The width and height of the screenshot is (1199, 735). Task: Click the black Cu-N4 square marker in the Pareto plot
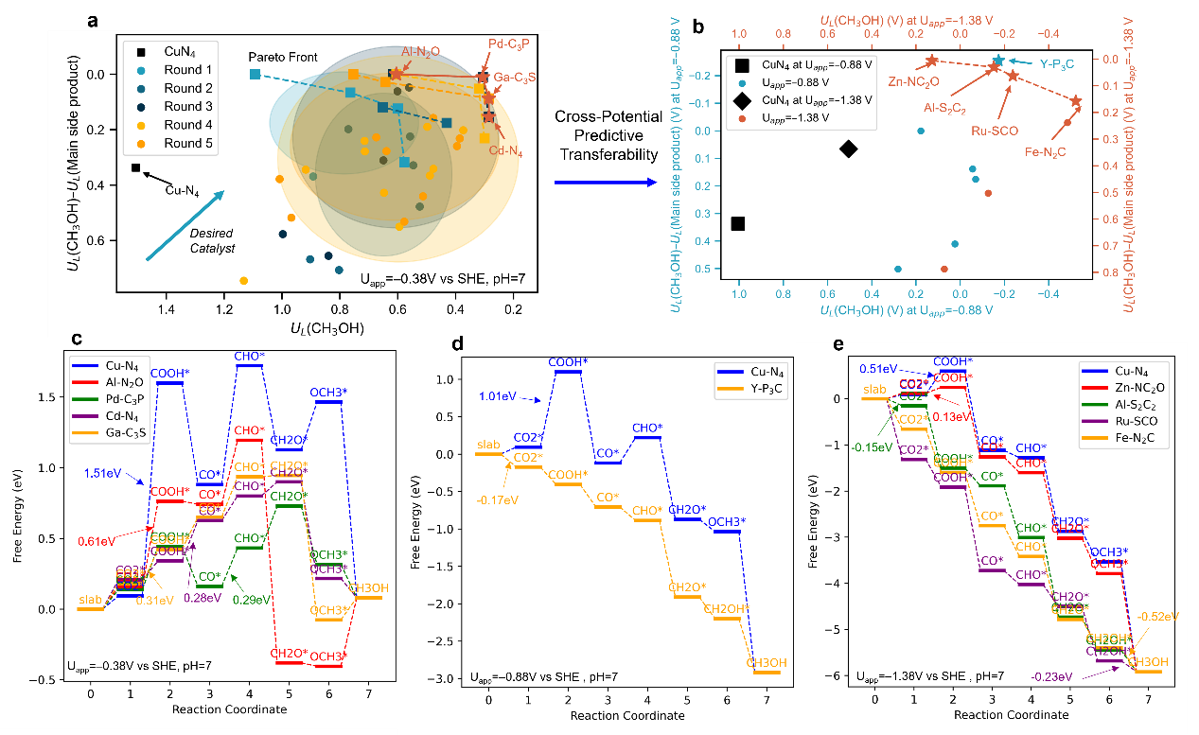[135, 168]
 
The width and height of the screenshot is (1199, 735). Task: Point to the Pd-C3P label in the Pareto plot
[510, 44]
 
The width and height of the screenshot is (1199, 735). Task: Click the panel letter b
[698, 27]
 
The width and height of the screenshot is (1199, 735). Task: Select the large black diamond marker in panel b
[848, 149]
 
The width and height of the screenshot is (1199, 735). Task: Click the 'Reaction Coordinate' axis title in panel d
[626, 716]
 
